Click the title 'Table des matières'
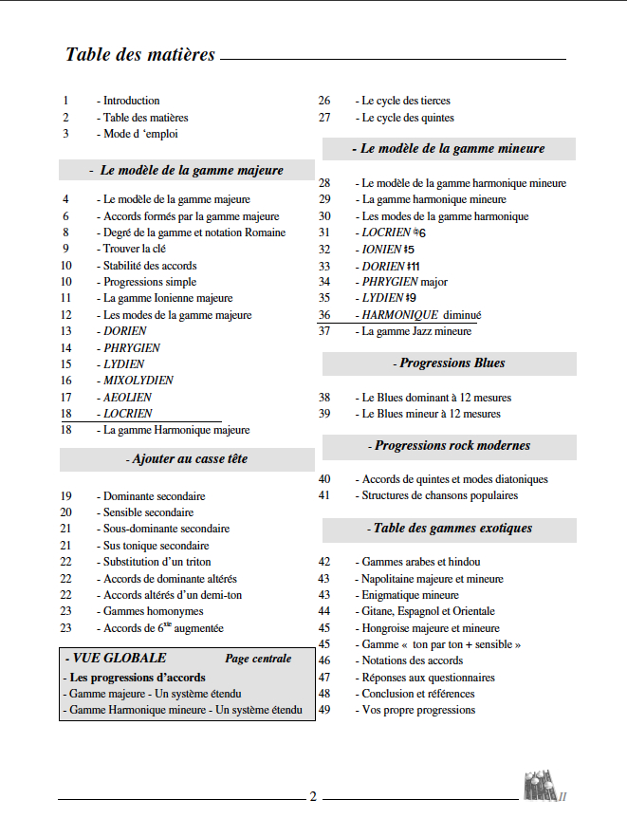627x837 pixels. [140, 54]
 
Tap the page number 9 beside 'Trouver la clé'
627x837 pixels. [66, 249]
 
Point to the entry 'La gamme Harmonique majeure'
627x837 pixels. [173, 430]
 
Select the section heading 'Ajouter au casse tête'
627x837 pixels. [187, 459]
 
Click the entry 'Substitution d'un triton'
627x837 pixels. [153, 562]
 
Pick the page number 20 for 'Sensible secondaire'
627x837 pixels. [66, 512]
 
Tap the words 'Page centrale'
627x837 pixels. [258, 659]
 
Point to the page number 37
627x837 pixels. [324, 331]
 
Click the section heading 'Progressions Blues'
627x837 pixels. [449, 363]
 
